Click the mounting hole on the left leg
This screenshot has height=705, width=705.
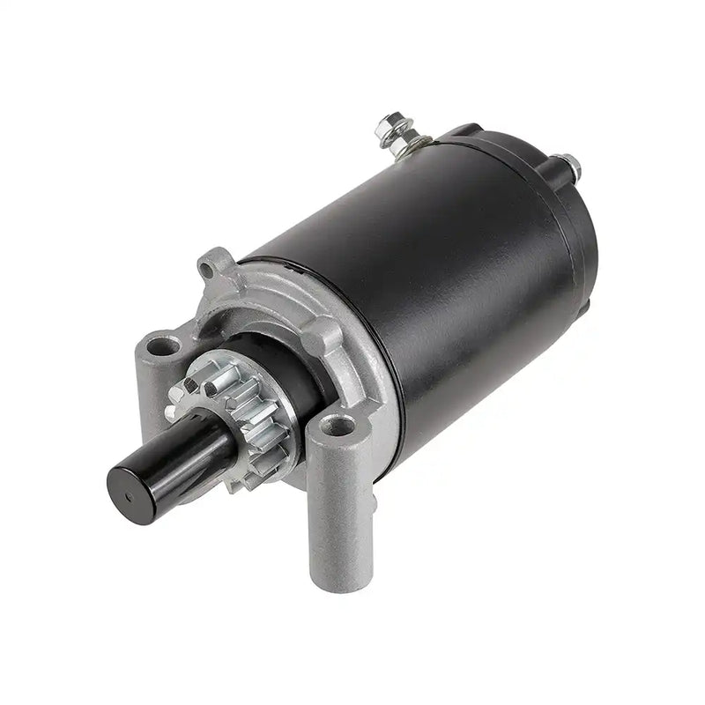160,345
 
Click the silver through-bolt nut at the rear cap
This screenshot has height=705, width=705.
569,164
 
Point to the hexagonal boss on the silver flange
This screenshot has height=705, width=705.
330,335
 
